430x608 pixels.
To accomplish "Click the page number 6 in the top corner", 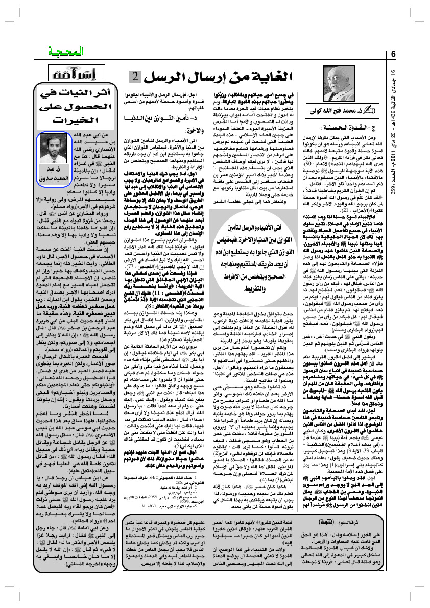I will point(394,54).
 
